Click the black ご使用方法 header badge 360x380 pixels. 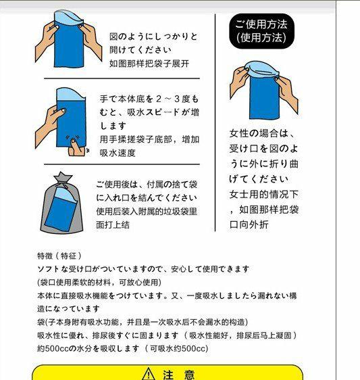(x=261, y=31)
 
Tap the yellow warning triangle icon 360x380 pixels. (x=149, y=374)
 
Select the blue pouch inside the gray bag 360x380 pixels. (x=61, y=209)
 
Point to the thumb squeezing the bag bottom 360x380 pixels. (x=75, y=147)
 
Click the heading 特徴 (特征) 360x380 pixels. (x=59, y=256)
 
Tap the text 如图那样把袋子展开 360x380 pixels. (x=149, y=64)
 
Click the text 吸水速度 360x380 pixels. (x=118, y=153)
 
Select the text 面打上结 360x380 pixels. (x=113, y=224)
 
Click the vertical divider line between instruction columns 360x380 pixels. (x=215, y=122)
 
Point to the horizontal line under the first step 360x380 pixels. (x=122, y=78)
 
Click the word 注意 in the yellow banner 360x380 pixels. (x=179, y=375)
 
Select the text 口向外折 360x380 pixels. (x=249, y=224)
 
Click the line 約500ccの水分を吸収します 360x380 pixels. (x=88, y=348)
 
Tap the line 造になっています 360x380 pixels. (x=68, y=309)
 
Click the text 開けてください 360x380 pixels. (x=140, y=50)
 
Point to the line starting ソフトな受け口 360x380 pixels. (x=143, y=269)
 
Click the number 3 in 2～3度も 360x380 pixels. (x=177, y=99)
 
